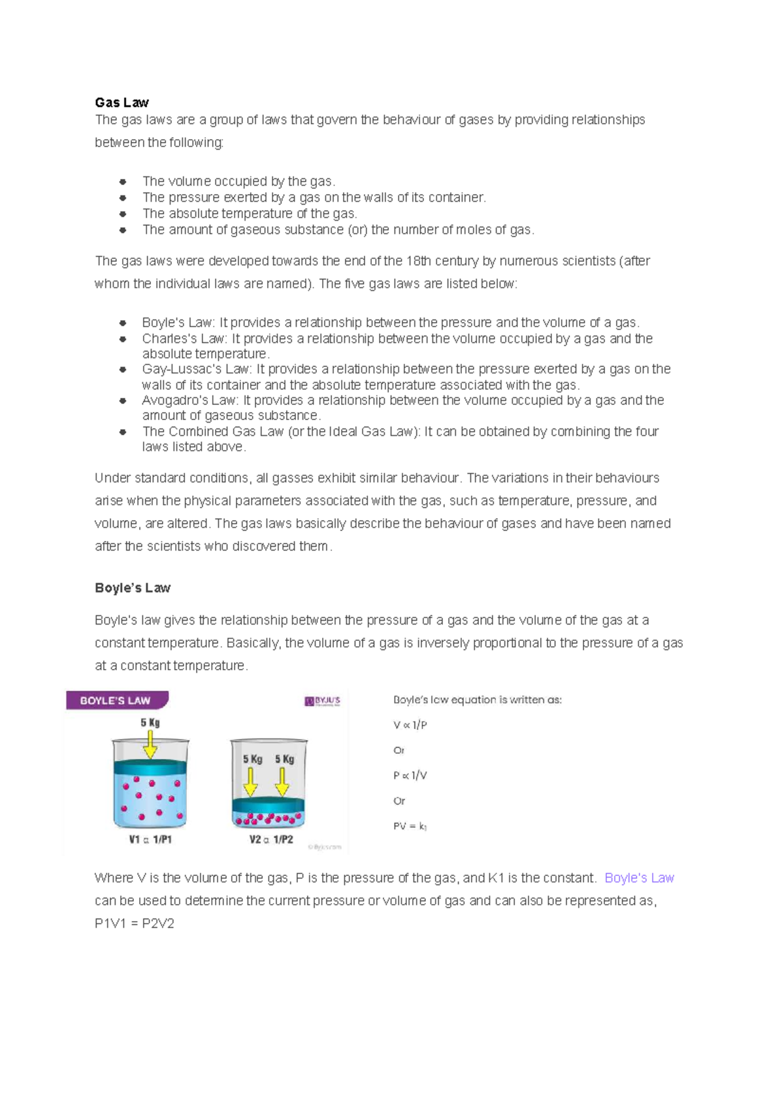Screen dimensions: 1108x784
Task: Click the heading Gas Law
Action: [x=122, y=103]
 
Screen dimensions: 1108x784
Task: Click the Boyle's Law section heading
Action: [x=133, y=588]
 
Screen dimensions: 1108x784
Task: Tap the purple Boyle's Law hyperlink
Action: [x=639, y=878]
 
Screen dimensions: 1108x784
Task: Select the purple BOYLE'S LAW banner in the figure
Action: [x=116, y=700]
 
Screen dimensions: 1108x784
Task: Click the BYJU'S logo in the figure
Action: [x=322, y=701]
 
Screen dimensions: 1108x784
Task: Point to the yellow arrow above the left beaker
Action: [x=150, y=744]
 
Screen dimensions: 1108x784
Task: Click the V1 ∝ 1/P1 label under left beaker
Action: [x=150, y=839]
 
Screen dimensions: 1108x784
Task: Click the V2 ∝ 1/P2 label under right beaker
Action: [x=271, y=839]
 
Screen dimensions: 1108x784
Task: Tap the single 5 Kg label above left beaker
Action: [x=150, y=723]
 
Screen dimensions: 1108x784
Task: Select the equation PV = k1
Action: [x=410, y=826]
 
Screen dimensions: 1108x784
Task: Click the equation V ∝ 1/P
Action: [x=410, y=725]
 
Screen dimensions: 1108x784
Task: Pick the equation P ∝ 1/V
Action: [x=410, y=775]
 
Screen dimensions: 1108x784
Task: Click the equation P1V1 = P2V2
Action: [x=135, y=924]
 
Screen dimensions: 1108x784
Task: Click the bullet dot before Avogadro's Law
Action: [x=122, y=400]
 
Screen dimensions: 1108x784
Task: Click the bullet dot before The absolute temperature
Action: [x=122, y=214]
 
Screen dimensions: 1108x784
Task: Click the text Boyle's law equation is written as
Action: [x=477, y=700]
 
